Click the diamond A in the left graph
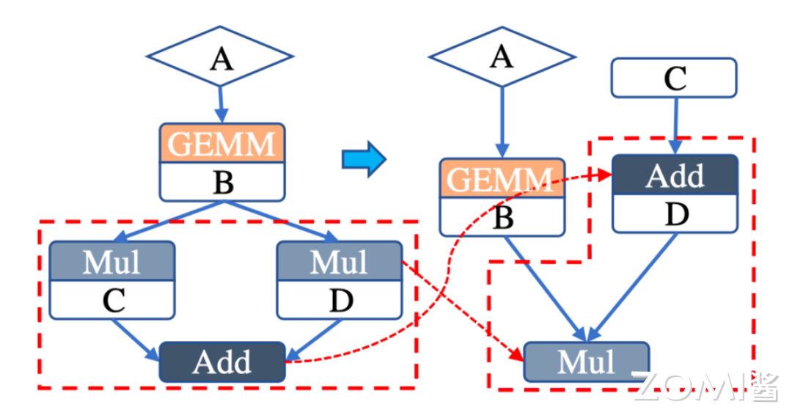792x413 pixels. click(220, 56)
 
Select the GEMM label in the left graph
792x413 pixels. click(222, 143)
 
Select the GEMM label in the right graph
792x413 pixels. click(502, 178)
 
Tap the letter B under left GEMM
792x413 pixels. click(222, 182)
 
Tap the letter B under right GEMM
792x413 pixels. click(502, 217)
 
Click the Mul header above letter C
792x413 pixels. click(112, 260)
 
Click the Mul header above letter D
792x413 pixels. click(340, 260)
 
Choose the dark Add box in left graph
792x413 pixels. click(222, 362)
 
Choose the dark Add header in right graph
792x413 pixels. click(675, 175)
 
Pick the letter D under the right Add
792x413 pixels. click(675, 214)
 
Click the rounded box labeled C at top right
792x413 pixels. click(674, 78)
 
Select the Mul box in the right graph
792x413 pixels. click(586, 361)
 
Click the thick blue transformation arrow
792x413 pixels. click(364, 158)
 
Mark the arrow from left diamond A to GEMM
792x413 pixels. click(221, 105)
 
